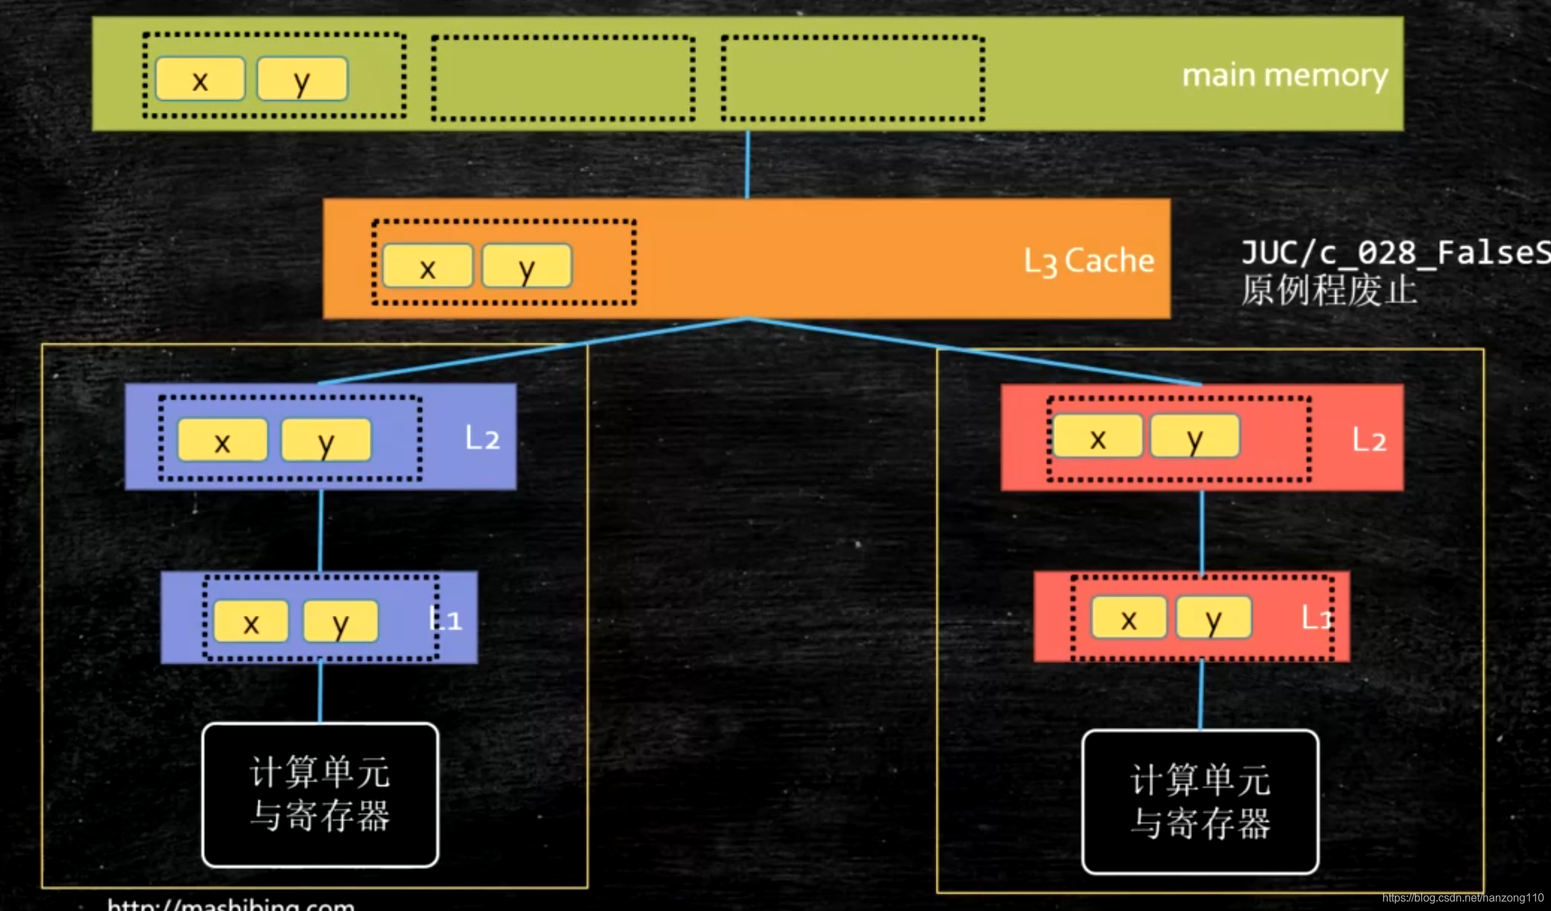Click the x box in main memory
[200, 79]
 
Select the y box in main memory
[302, 79]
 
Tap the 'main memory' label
[1284, 75]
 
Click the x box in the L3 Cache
[428, 266]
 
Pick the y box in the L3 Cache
[527, 266]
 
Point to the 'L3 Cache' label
[1089, 261]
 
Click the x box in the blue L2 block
[223, 440]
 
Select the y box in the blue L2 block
[326, 440]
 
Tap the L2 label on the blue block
[482, 438]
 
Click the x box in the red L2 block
[1098, 437]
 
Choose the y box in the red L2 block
[1195, 437]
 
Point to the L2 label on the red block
[1369, 440]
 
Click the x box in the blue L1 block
[251, 621]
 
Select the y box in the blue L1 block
[341, 621]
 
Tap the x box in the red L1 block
[1129, 618]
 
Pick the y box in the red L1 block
[1214, 618]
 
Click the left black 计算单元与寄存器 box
[320, 795]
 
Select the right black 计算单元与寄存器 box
[1200, 802]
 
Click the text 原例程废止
[1328, 290]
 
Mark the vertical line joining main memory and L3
[747, 165]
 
